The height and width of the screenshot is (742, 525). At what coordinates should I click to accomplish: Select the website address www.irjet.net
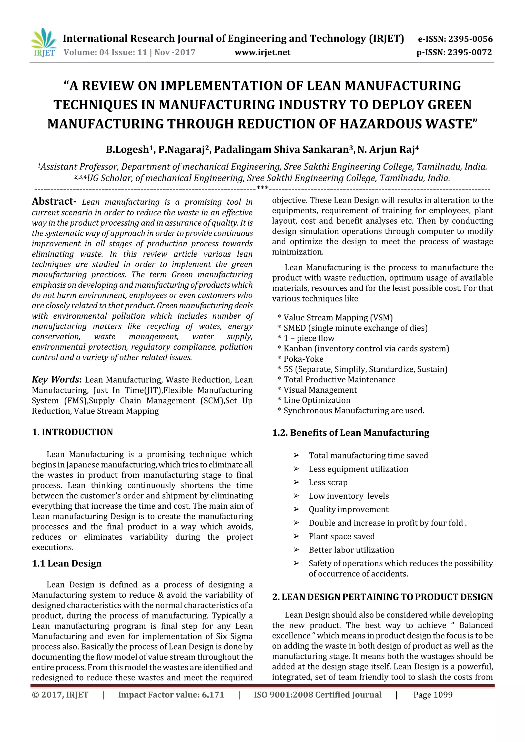262,52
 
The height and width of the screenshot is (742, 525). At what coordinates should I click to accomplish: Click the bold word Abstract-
54,201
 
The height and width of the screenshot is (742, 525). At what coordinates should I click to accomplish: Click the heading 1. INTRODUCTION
73,432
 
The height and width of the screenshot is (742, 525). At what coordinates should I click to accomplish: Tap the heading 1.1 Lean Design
67,564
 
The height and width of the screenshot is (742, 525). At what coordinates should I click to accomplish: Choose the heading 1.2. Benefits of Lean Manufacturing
351,433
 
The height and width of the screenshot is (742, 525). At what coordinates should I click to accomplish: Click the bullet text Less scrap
328,483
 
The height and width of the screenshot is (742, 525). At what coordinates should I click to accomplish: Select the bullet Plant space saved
342,537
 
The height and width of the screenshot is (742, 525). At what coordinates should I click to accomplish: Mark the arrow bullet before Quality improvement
296,509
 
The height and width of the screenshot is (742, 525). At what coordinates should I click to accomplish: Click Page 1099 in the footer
433,695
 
